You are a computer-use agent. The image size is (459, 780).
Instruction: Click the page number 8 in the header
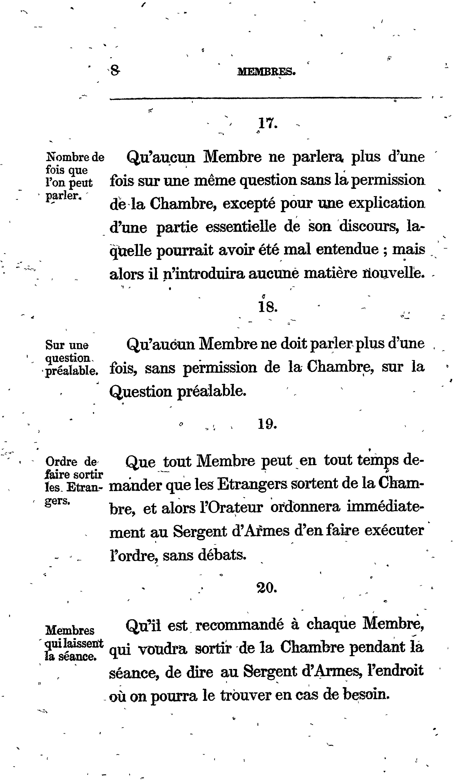point(115,72)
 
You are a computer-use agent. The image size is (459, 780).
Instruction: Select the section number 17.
point(267,124)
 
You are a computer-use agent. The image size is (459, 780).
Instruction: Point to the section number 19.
point(267,424)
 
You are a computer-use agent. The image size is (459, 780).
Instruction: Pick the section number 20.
point(267,587)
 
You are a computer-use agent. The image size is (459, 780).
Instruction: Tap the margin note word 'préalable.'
point(72,371)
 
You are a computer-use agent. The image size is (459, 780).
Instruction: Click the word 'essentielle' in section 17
point(241,227)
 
